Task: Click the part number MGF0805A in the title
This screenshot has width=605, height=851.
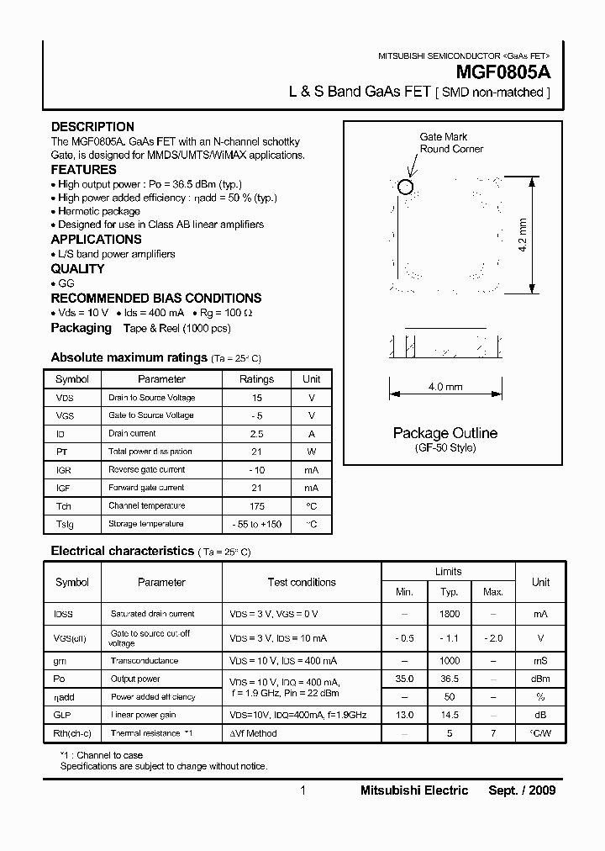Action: [502, 74]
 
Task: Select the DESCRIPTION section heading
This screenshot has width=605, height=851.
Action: [92, 127]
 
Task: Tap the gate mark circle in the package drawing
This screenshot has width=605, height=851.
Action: [406, 187]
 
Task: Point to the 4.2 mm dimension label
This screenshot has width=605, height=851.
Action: [523, 236]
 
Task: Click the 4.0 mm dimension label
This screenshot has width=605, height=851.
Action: [445, 387]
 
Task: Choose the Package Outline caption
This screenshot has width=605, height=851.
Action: [445, 433]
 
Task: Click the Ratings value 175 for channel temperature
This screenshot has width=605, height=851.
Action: [256, 506]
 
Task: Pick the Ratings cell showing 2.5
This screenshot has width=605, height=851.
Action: [256, 434]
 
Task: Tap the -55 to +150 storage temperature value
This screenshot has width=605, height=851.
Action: [256, 525]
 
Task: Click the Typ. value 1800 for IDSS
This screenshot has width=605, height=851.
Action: [450, 615]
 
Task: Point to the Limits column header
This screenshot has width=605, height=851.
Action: [449, 572]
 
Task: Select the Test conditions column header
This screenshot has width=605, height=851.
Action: [302, 582]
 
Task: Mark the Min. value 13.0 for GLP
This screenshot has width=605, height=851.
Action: [405, 715]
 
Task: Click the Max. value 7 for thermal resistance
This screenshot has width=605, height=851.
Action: [493, 733]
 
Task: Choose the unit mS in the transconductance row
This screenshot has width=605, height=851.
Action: [540, 661]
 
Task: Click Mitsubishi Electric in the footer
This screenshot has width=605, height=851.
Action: [414, 790]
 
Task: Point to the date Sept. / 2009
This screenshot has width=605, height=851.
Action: [522, 790]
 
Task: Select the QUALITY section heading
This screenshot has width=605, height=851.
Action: [77, 269]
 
